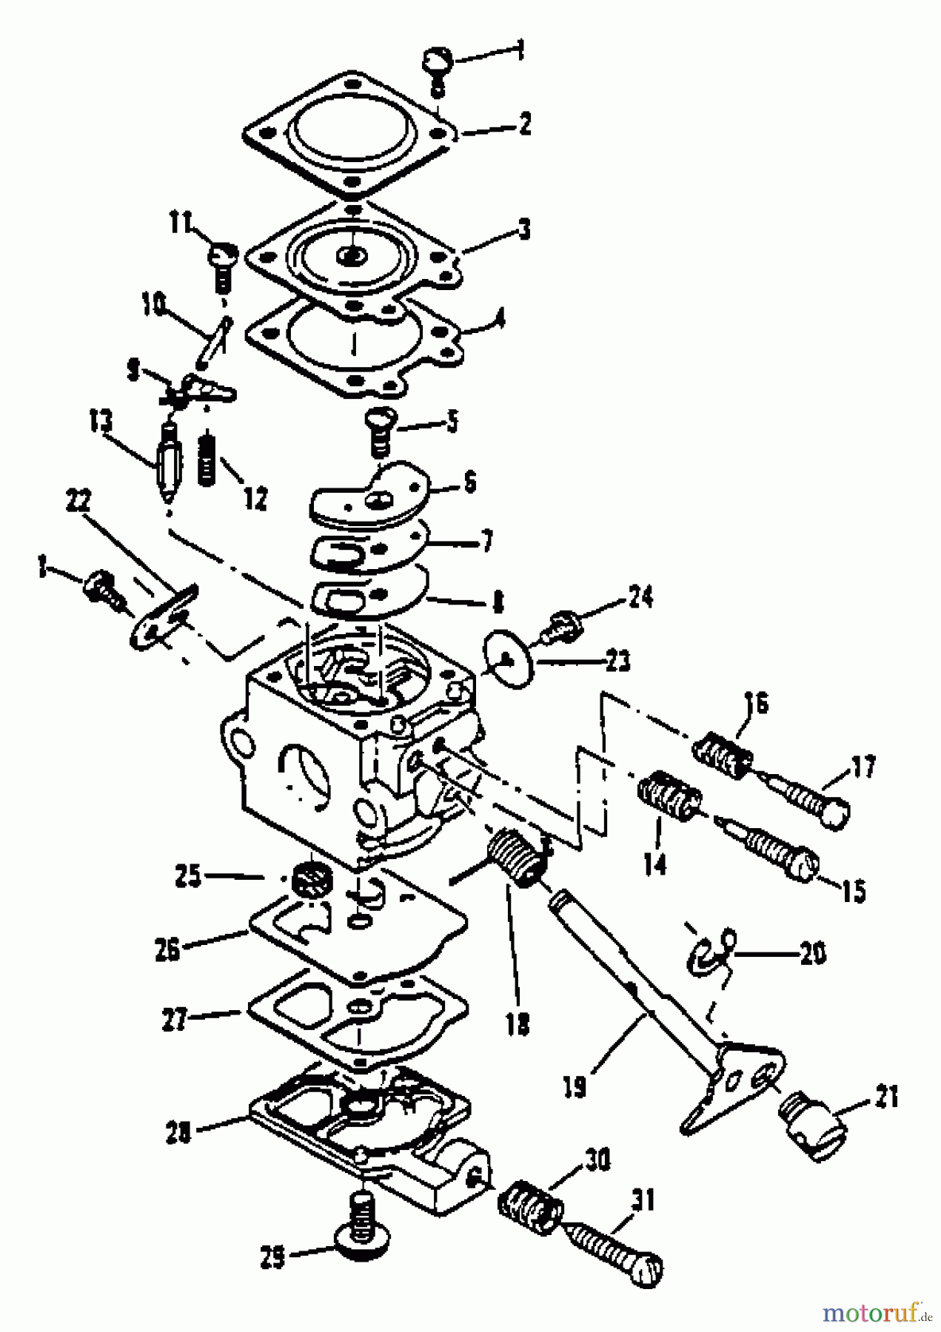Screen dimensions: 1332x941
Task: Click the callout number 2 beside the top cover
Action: (x=524, y=124)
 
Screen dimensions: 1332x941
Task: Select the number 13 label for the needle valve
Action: (x=101, y=423)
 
